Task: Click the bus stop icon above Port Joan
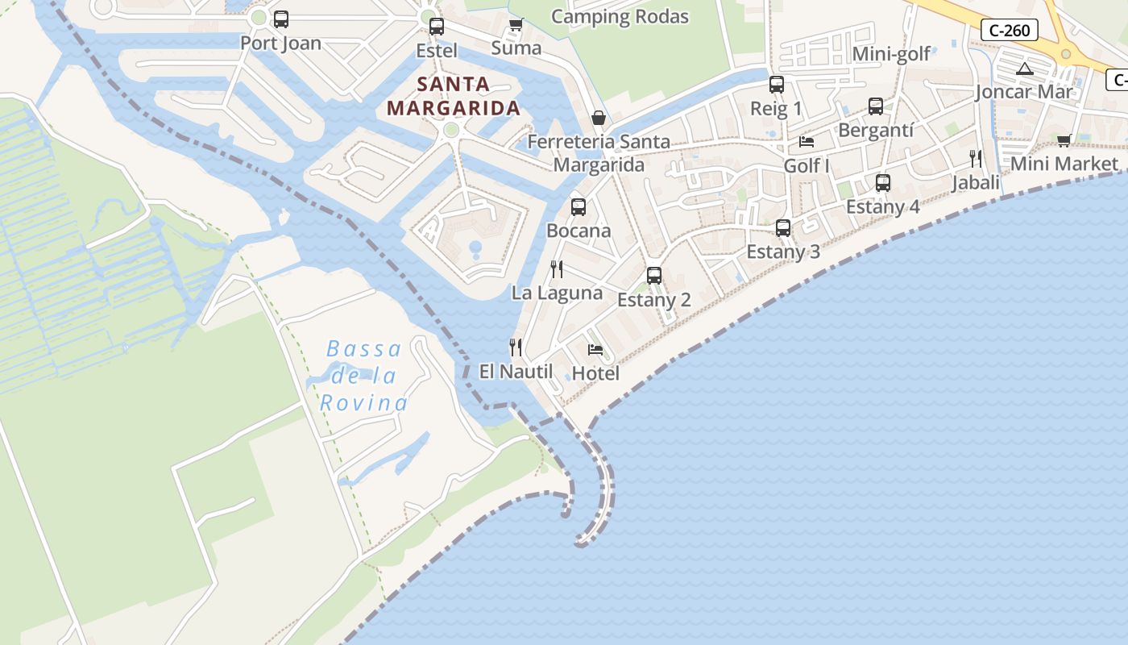click(280, 19)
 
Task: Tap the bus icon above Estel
click(436, 26)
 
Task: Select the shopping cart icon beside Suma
click(516, 24)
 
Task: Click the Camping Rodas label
click(620, 17)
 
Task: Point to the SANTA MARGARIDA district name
click(453, 96)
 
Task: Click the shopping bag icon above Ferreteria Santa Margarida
click(599, 118)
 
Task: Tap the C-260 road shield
click(1009, 31)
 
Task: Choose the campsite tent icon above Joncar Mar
click(1024, 69)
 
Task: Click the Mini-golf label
click(891, 54)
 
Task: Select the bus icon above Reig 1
click(776, 84)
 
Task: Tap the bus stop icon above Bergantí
click(875, 106)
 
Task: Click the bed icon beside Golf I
click(806, 142)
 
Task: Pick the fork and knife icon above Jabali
click(976, 158)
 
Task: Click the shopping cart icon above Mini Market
click(1064, 141)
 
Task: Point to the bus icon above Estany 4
click(882, 183)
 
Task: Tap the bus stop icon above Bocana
click(578, 206)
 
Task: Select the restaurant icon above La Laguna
click(557, 268)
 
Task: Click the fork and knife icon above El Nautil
click(516, 347)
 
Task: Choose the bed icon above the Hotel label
click(595, 349)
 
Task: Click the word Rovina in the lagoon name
click(363, 402)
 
